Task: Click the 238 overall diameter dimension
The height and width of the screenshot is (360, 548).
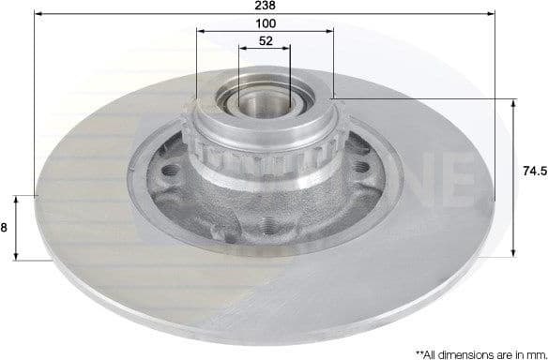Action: click(266, 5)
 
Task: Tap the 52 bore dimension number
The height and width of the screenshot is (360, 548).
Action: click(266, 41)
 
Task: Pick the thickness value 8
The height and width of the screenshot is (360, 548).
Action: click(5, 227)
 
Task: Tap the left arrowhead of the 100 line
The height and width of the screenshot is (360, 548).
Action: click(200, 32)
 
